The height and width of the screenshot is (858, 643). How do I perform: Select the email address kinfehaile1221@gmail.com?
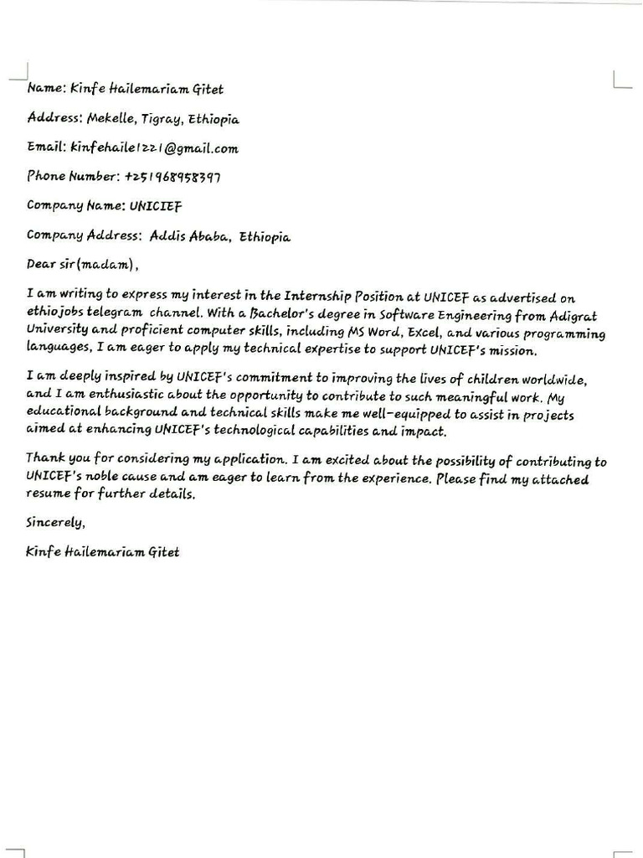[154, 148]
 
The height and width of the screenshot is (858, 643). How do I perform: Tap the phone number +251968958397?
[172, 177]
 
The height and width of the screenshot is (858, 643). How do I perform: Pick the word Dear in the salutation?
[40, 266]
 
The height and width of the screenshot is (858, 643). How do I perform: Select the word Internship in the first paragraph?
[317, 296]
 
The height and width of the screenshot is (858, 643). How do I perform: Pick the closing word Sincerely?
[55, 523]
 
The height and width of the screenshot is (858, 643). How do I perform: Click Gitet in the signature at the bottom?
[162, 552]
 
